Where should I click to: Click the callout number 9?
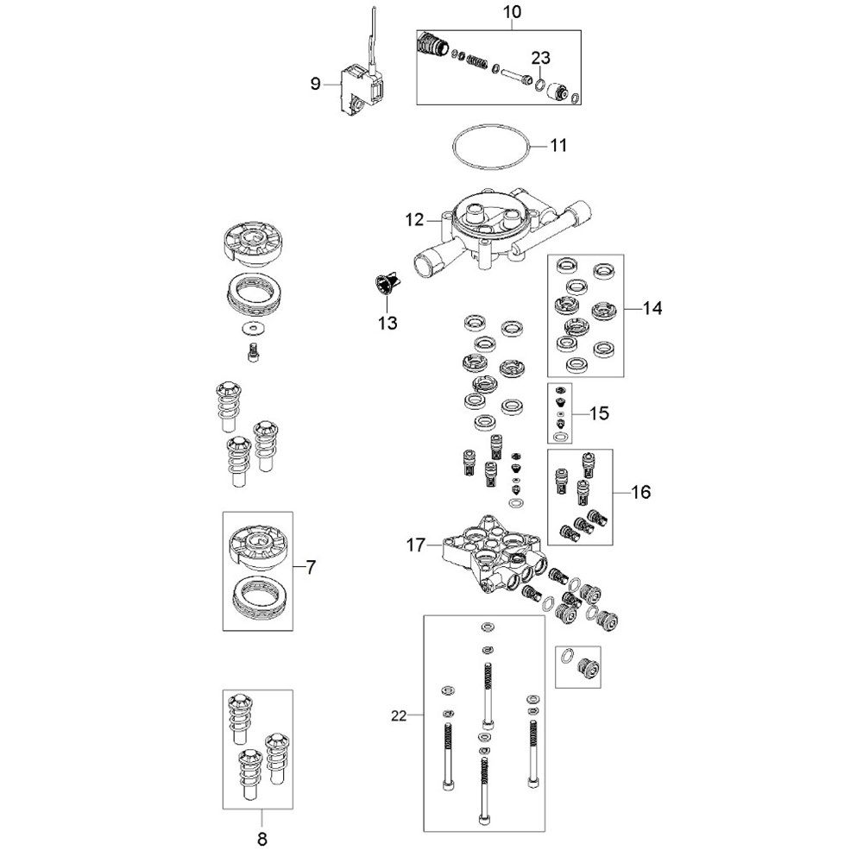(x=315, y=84)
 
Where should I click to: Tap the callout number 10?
(x=512, y=11)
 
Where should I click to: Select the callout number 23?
(x=540, y=57)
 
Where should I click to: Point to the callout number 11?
(x=558, y=145)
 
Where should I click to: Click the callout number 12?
(x=415, y=220)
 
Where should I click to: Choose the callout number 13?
(x=387, y=323)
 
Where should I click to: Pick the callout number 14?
(x=652, y=308)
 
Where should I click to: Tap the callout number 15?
(x=600, y=413)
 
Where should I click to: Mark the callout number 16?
(x=640, y=492)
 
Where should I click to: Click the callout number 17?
(x=416, y=545)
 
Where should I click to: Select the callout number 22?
(x=399, y=716)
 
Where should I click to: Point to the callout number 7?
(x=311, y=568)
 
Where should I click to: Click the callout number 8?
(x=262, y=840)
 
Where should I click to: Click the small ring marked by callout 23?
(x=540, y=85)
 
